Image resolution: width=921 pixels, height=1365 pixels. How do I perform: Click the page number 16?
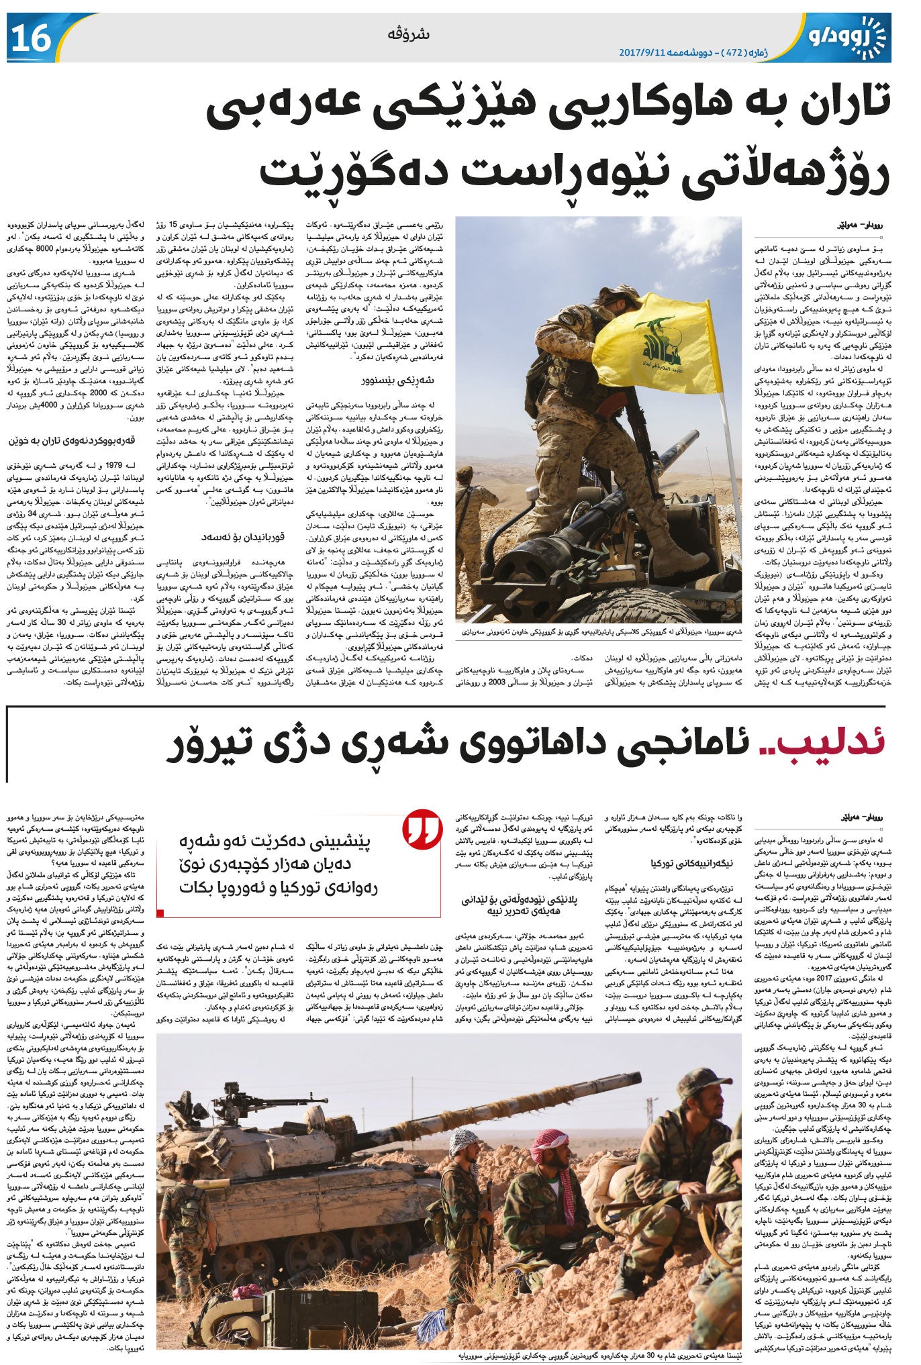click(x=31, y=38)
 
